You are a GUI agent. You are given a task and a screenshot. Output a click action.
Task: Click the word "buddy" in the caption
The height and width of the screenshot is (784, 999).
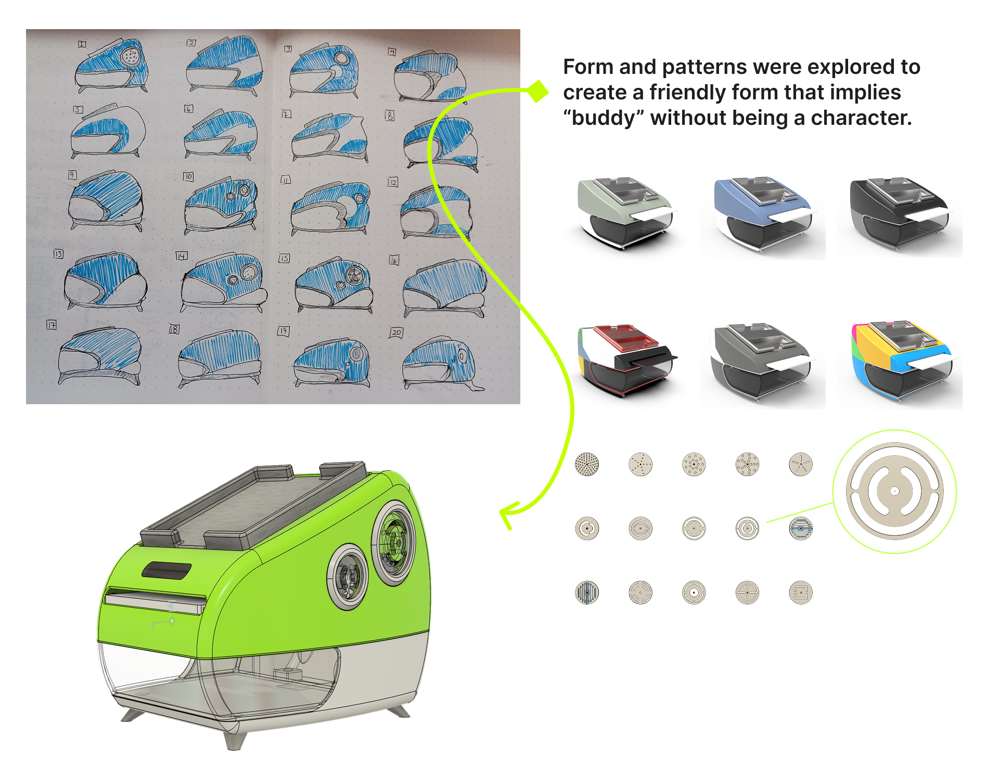tap(604, 119)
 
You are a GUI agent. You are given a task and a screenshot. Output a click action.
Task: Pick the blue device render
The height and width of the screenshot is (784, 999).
tap(762, 213)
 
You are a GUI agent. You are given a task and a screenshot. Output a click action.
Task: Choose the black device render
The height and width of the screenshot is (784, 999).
tap(899, 212)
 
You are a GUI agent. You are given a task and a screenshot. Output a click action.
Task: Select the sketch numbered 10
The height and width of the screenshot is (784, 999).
tap(221, 205)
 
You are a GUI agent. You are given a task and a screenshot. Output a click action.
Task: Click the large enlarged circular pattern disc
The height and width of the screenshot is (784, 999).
tap(894, 491)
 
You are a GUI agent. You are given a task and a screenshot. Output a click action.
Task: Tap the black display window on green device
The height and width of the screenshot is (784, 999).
tap(166, 570)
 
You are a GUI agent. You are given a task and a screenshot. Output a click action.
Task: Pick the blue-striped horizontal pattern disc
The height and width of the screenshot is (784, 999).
tap(801, 529)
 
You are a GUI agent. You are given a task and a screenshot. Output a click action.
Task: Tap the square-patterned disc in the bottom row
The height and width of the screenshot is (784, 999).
tap(801, 593)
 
